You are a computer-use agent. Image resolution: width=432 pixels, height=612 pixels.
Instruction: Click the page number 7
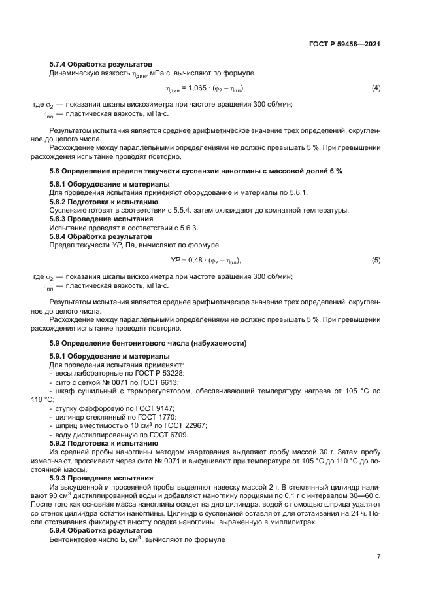click(378, 557)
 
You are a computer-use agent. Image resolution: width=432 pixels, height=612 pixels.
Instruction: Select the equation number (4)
click(376, 88)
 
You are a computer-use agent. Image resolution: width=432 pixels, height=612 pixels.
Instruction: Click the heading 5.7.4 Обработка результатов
click(101, 64)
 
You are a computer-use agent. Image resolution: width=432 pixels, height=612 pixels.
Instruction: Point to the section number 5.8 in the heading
click(55, 171)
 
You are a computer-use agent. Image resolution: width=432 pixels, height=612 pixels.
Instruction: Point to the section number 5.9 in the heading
click(55, 344)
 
